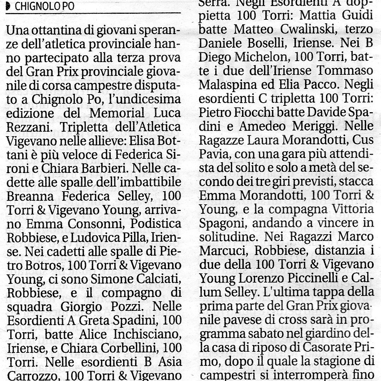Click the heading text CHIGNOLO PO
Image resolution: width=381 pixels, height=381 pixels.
tap(45, 7)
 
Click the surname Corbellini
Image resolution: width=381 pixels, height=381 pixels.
tap(123, 345)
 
